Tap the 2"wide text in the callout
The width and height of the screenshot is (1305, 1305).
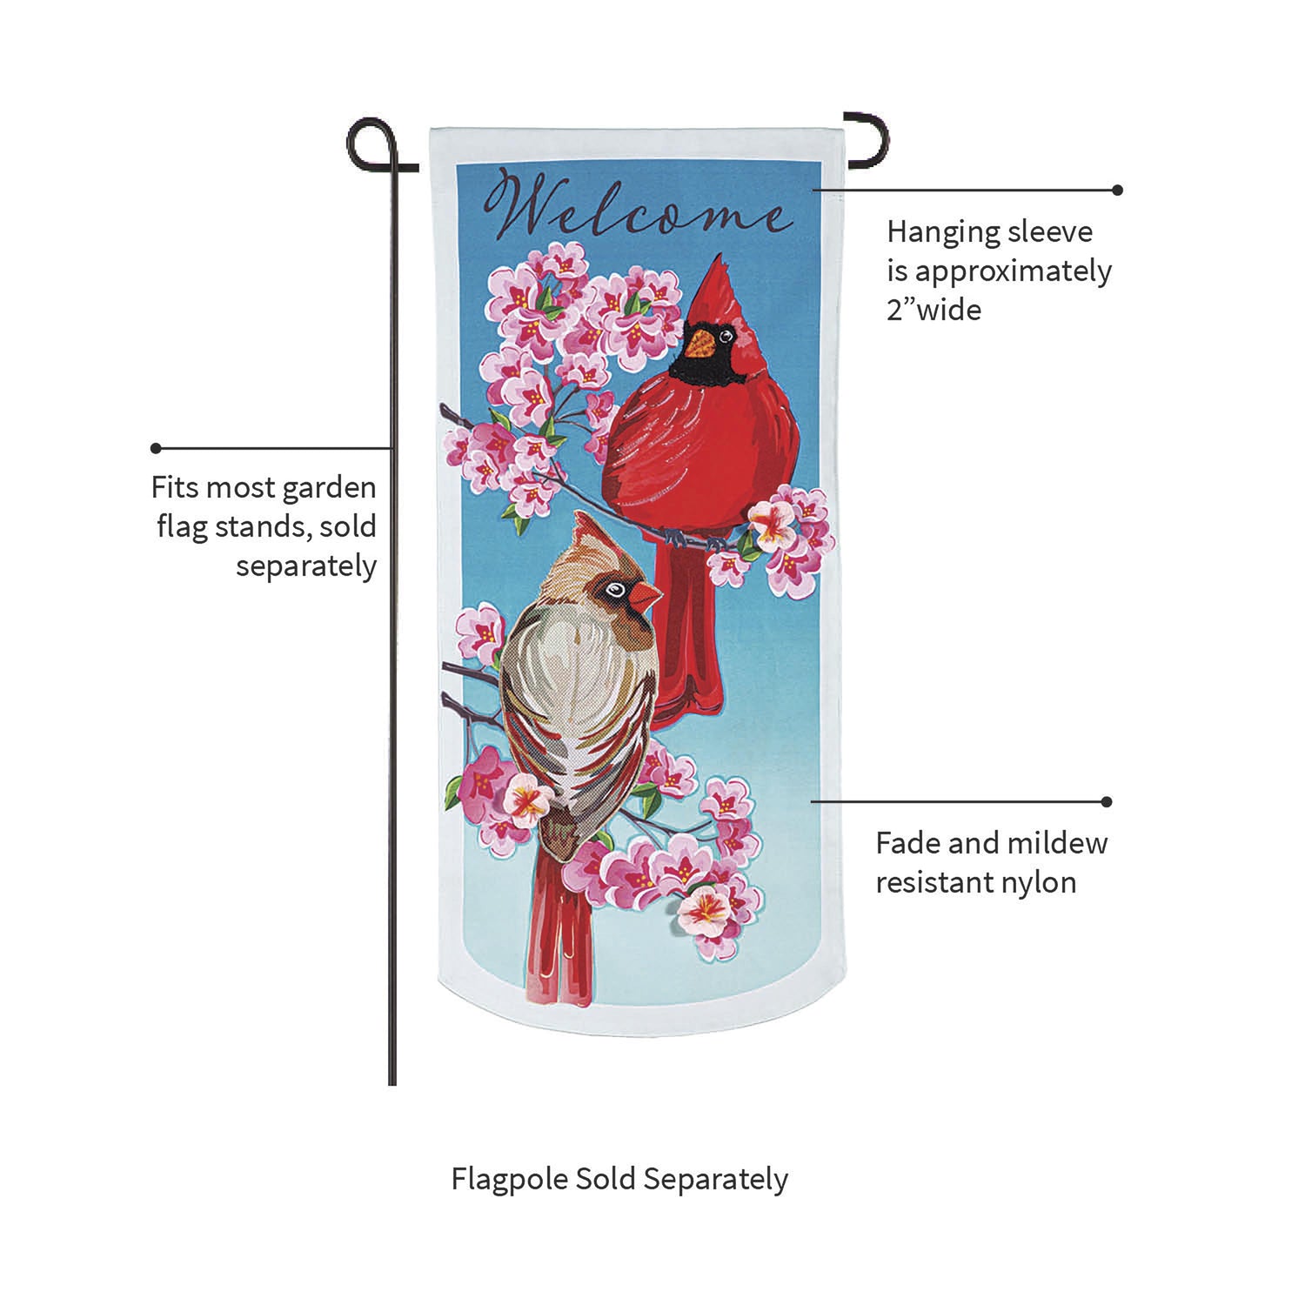point(934,310)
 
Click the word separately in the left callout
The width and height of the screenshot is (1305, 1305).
point(306,566)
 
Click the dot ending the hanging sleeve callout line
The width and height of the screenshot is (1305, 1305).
point(1118,190)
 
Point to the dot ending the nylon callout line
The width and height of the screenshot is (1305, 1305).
point(1107,801)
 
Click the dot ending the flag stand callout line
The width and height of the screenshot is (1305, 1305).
point(156,448)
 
